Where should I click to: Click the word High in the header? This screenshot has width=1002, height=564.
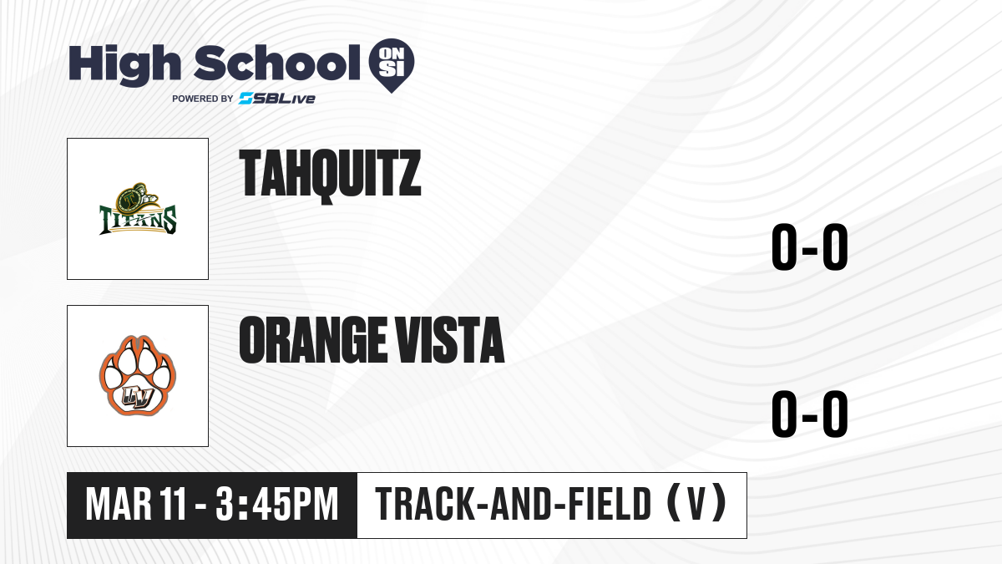[x=124, y=64]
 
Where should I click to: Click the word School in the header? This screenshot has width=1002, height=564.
[x=277, y=62]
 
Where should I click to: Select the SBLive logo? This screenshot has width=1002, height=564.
[x=277, y=99]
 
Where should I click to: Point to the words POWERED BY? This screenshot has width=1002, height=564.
[x=203, y=99]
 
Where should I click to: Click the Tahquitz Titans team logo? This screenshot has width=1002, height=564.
[x=138, y=209]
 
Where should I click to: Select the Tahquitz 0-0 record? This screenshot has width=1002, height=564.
[x=810, y=247]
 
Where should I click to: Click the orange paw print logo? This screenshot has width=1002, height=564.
[x=138, y=376]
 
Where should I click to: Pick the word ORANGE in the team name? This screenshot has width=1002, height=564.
[x=312, y=339]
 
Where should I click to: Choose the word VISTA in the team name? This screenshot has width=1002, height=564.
[x=450, y=339]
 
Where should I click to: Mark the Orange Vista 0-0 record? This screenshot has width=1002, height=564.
[x=810, y=414]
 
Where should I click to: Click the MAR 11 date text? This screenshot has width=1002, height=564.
[x=135, y=505]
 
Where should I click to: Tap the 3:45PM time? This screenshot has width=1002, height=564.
[x=277, y=505]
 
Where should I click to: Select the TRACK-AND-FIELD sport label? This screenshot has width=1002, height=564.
[x=514, y=504]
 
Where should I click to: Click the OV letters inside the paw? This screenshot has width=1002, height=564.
[x=139, y=397]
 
